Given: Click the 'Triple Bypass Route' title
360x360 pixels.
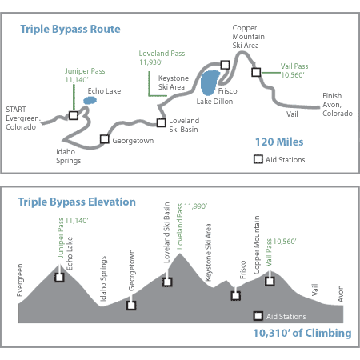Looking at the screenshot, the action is [x=70, y=29].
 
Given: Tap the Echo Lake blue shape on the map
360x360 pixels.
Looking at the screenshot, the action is [x=90, y=101].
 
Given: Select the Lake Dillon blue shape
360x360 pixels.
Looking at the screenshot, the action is [x=210, y=82].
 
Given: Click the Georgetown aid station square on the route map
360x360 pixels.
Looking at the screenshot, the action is [x=105, y=139].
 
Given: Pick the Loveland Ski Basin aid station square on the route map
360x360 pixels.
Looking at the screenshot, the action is [x=161, y=122].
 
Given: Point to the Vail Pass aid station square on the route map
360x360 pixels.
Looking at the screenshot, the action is [x=256, y=72].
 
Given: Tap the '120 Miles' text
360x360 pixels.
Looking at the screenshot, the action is [x=279, y=142].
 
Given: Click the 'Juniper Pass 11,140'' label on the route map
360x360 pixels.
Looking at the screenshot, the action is [x=85, y=75].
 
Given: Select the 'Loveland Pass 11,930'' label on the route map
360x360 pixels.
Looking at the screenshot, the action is [x=162, y=58].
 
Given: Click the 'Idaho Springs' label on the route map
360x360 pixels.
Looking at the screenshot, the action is [x=69, y=156].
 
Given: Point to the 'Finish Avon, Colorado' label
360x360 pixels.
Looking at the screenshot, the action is [x=338, y=105].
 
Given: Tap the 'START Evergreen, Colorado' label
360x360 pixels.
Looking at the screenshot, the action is [x=23, y=118].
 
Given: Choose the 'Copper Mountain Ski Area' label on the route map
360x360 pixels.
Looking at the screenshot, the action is [x=248, y=37].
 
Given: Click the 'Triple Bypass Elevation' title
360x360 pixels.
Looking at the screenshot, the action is [x=77, y=202].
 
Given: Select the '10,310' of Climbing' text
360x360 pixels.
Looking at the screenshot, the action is [x=302, y=333].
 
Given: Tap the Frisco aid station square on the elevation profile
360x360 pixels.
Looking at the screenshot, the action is [x=235, y=296].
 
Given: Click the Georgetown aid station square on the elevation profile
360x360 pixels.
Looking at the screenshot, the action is [x=131, y=306].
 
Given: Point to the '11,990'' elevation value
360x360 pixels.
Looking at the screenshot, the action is [x=195, y=206].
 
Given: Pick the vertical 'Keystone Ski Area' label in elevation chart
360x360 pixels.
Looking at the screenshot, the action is [x=208, y=252].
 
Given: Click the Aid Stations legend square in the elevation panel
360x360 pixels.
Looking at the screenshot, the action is [x=258, y=316].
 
